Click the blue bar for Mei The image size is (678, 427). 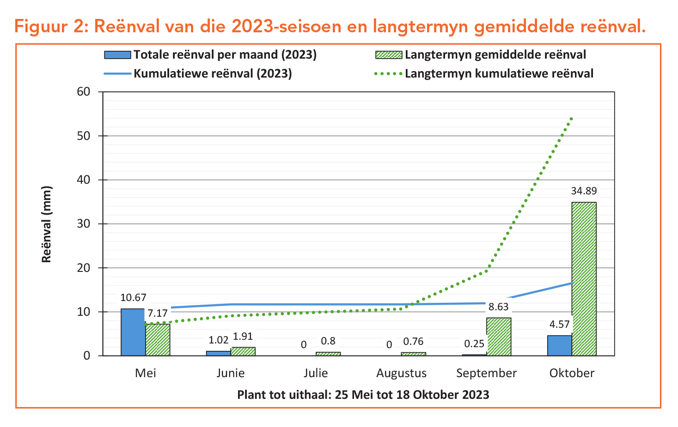[x=133, y=332]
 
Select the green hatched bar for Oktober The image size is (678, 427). [x=584, y=279]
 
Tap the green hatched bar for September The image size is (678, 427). [x=499, y=337]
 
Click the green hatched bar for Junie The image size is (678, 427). [x=243, y=351]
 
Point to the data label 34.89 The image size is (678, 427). [x=584, y=191]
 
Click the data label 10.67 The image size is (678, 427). [x=133, y=298]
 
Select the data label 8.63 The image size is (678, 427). [x=498, y=307]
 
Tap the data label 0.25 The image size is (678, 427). [x=474, y=344]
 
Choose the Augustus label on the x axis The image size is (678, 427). [x=401, y=373]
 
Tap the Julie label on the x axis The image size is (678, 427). [x=316, y=373]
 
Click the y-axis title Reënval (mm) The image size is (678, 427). [x=47, y=224]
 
